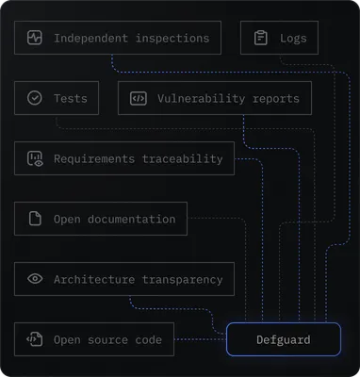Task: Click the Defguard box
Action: pyautogui.click(x=283, y=339)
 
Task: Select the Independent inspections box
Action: pyautogui.click(x=118, y=39)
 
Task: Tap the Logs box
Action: pyautogui.click(x=279, y=39)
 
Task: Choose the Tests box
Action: pyautogui.click(x=57, y=98)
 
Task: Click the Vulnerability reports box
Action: pyautogui.click(x=215, y=98)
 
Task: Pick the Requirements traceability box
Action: pyautogui.click(x=124, y=158)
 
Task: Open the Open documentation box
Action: pyautogui.click(x=101, y=219)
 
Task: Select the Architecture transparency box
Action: pyautogui.click(x=124, y=279)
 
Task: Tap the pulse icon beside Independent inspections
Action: pyautogui.click(x=35, y=39)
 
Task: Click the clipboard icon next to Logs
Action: pyautogui.click(x=261, y=39)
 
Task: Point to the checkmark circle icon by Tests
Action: pyautogui.click(x=35, y=98)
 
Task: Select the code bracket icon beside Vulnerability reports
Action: pyautogui.click(x=139, y=98)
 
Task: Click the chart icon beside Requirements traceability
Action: pyautogui.click(x=35, y=158)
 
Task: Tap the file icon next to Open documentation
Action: pyautogui.click(x=35, y=219)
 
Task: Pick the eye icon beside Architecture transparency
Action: pyautogui.click(x=35, y=279)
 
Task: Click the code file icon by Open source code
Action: pyautogui.click(x=35, y=339)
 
